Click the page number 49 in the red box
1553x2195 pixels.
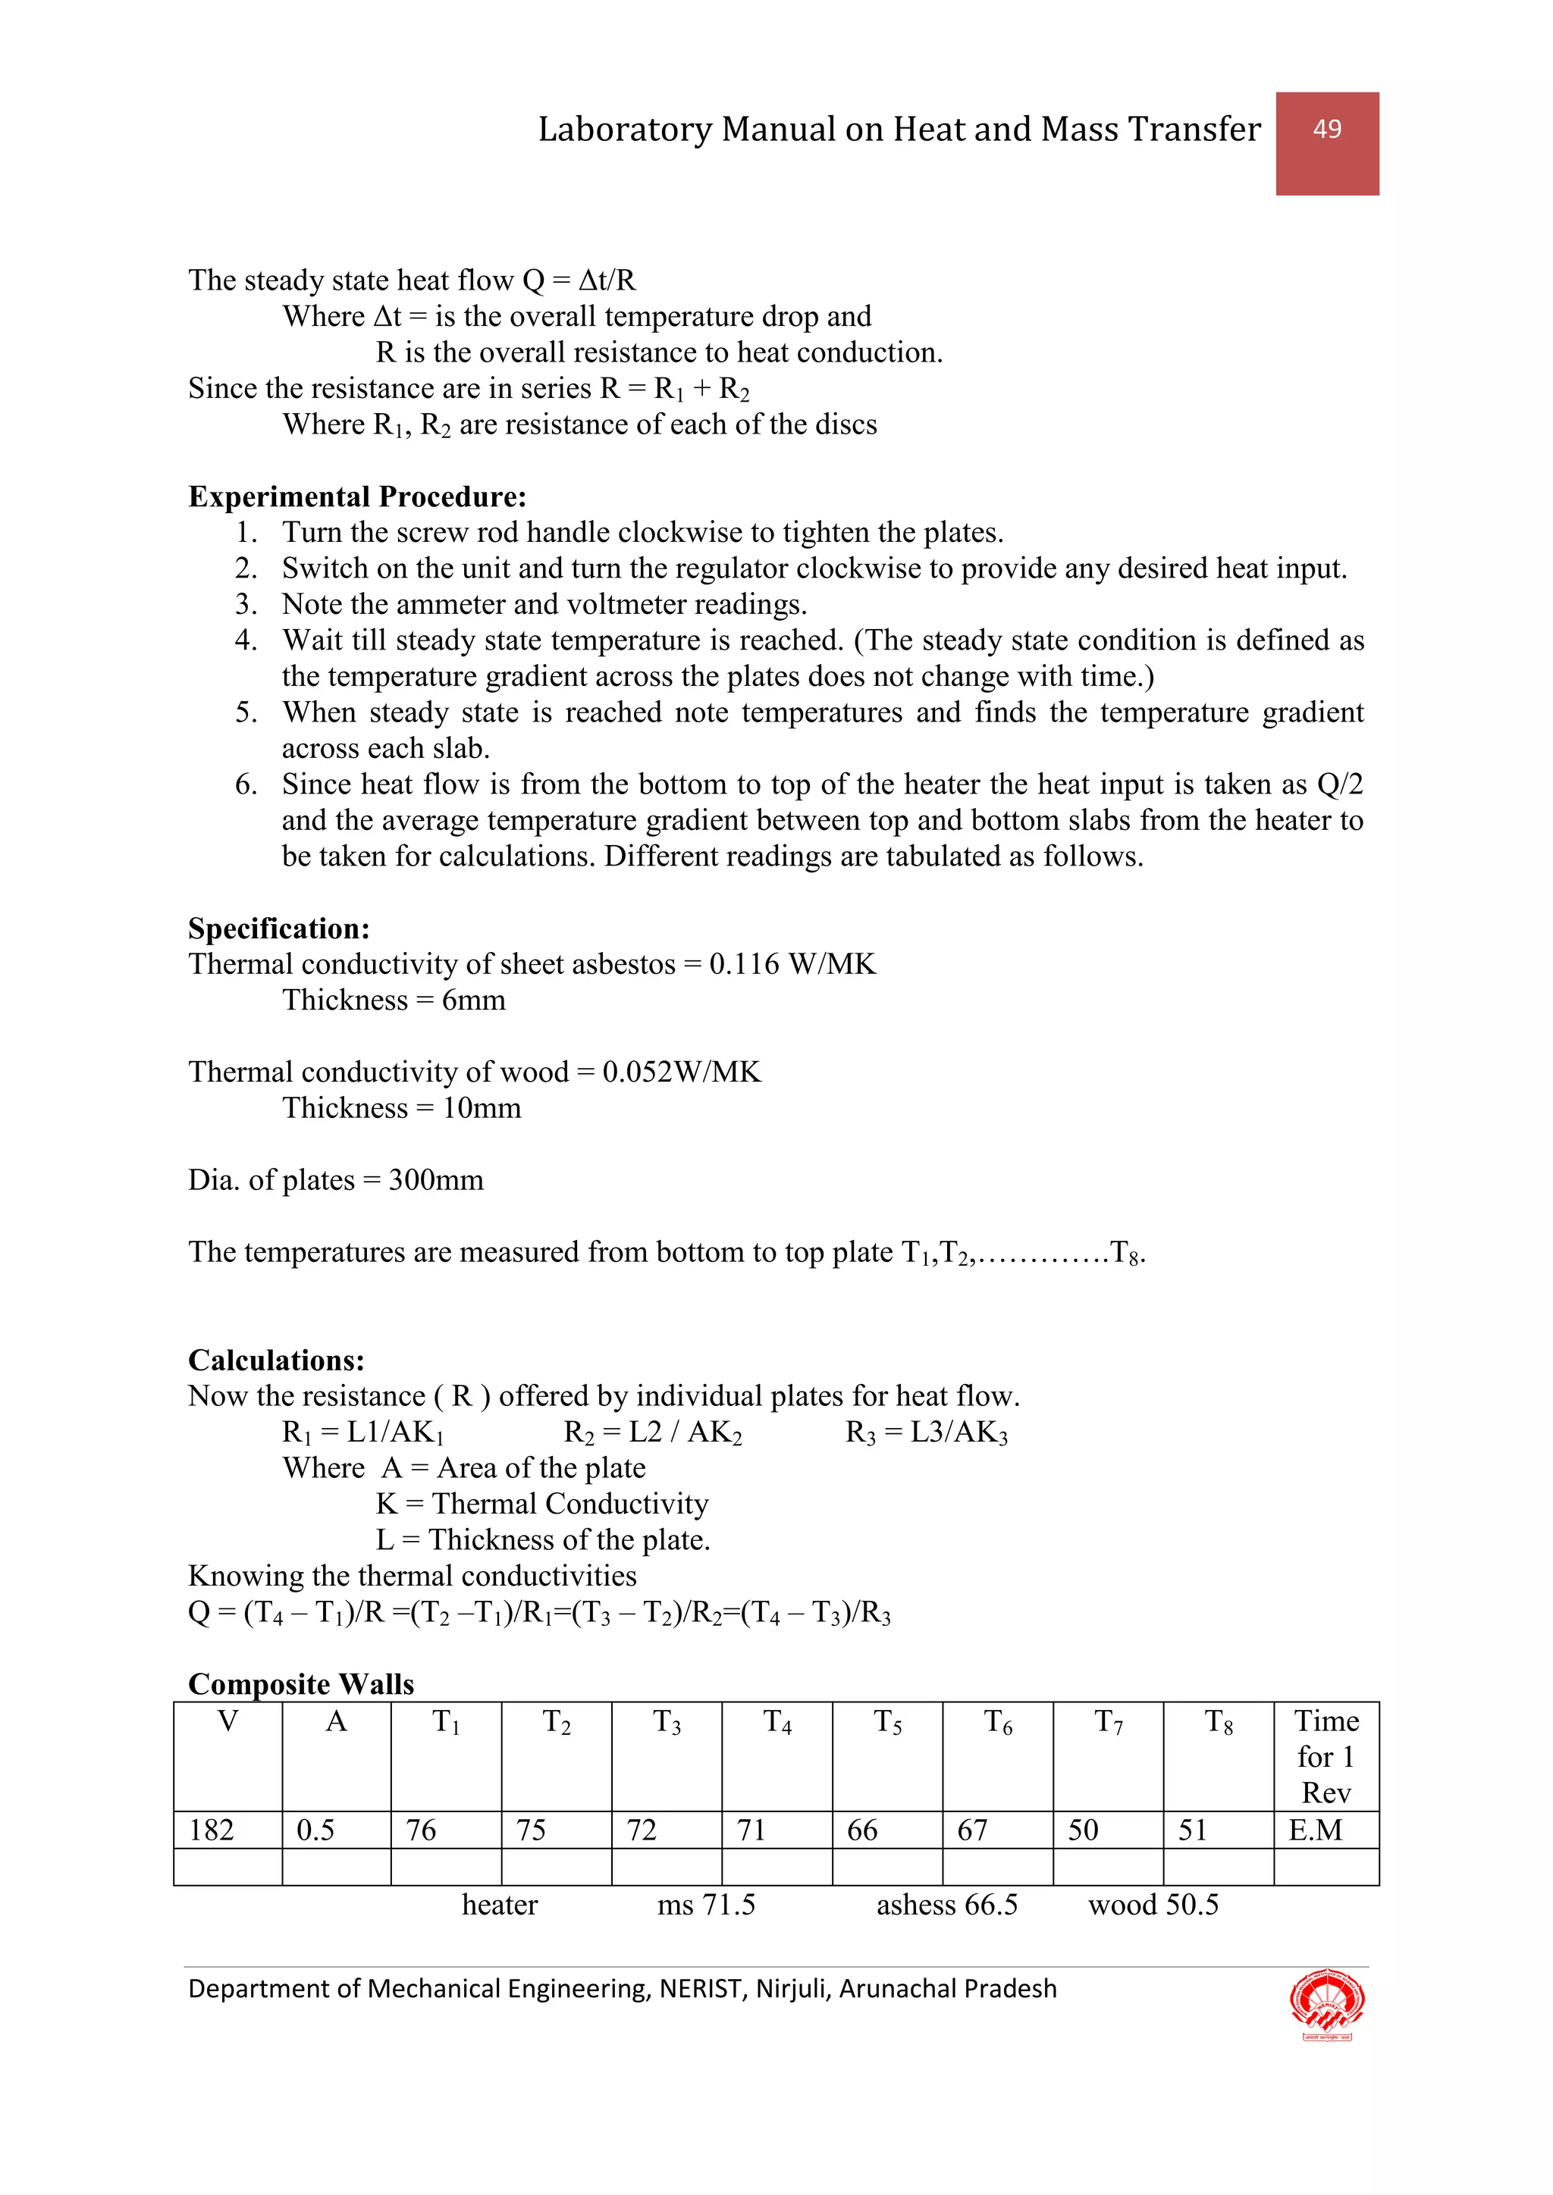coord(1326,129)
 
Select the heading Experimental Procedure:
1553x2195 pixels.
coord(356,497)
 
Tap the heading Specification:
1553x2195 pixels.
coord(278,928)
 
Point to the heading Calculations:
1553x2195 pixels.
coord(275,1361)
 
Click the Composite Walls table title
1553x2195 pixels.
coord(300,1683)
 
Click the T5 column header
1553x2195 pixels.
coord(886,1723)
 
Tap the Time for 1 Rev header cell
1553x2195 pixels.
coord(1326,1756)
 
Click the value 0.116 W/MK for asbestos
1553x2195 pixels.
coord(792,963)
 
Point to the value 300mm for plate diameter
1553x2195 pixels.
coord(435,1179)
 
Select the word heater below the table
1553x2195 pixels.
coord(499,1905)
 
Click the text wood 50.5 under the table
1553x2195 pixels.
coord(1153,1905)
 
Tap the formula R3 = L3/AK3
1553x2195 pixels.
coord(926,1432)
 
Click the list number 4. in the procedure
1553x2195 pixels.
coord(246,640)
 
